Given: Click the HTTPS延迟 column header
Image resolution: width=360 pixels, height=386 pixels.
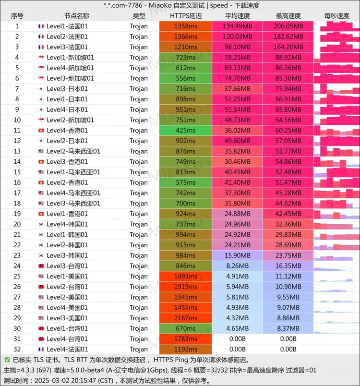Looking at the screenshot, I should [185, 16].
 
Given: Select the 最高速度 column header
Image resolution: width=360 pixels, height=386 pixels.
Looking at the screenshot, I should [288, 16].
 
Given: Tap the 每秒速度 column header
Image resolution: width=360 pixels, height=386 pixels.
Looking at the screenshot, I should [336, 16].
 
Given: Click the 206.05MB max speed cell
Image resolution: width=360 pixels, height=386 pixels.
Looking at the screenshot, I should [288, 26].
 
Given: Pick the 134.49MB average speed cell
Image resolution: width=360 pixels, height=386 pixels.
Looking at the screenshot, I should [237, 26].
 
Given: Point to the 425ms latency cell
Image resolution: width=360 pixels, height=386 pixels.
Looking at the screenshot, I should [185, 131].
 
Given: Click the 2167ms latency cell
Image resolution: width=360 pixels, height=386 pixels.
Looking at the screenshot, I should [185, 318].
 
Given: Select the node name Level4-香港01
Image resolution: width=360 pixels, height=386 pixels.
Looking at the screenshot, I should [67, 131].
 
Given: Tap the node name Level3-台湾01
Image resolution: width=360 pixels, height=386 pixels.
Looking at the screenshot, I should [67, 266].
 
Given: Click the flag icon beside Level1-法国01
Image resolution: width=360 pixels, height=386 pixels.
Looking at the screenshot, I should [41, 26].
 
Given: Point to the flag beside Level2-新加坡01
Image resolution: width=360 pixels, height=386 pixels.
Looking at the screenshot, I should [41, 120].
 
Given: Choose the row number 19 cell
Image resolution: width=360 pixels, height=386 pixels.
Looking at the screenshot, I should [17, 214].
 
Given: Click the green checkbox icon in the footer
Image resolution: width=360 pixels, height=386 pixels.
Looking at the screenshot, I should [7, 360].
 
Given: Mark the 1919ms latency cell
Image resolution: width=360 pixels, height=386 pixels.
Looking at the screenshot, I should [185, 287].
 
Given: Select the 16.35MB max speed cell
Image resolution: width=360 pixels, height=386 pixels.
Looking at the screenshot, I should [288, 266].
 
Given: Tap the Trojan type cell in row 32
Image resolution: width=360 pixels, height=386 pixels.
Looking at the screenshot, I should [139, 349].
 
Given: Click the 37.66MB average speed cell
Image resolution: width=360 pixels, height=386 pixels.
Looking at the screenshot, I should [237, 89].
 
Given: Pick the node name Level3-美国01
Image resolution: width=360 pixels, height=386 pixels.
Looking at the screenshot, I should [67, 318].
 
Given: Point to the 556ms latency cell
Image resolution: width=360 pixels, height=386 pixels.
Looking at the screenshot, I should [185, 78].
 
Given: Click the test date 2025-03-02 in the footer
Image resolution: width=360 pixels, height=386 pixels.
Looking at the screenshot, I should [54, 380].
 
